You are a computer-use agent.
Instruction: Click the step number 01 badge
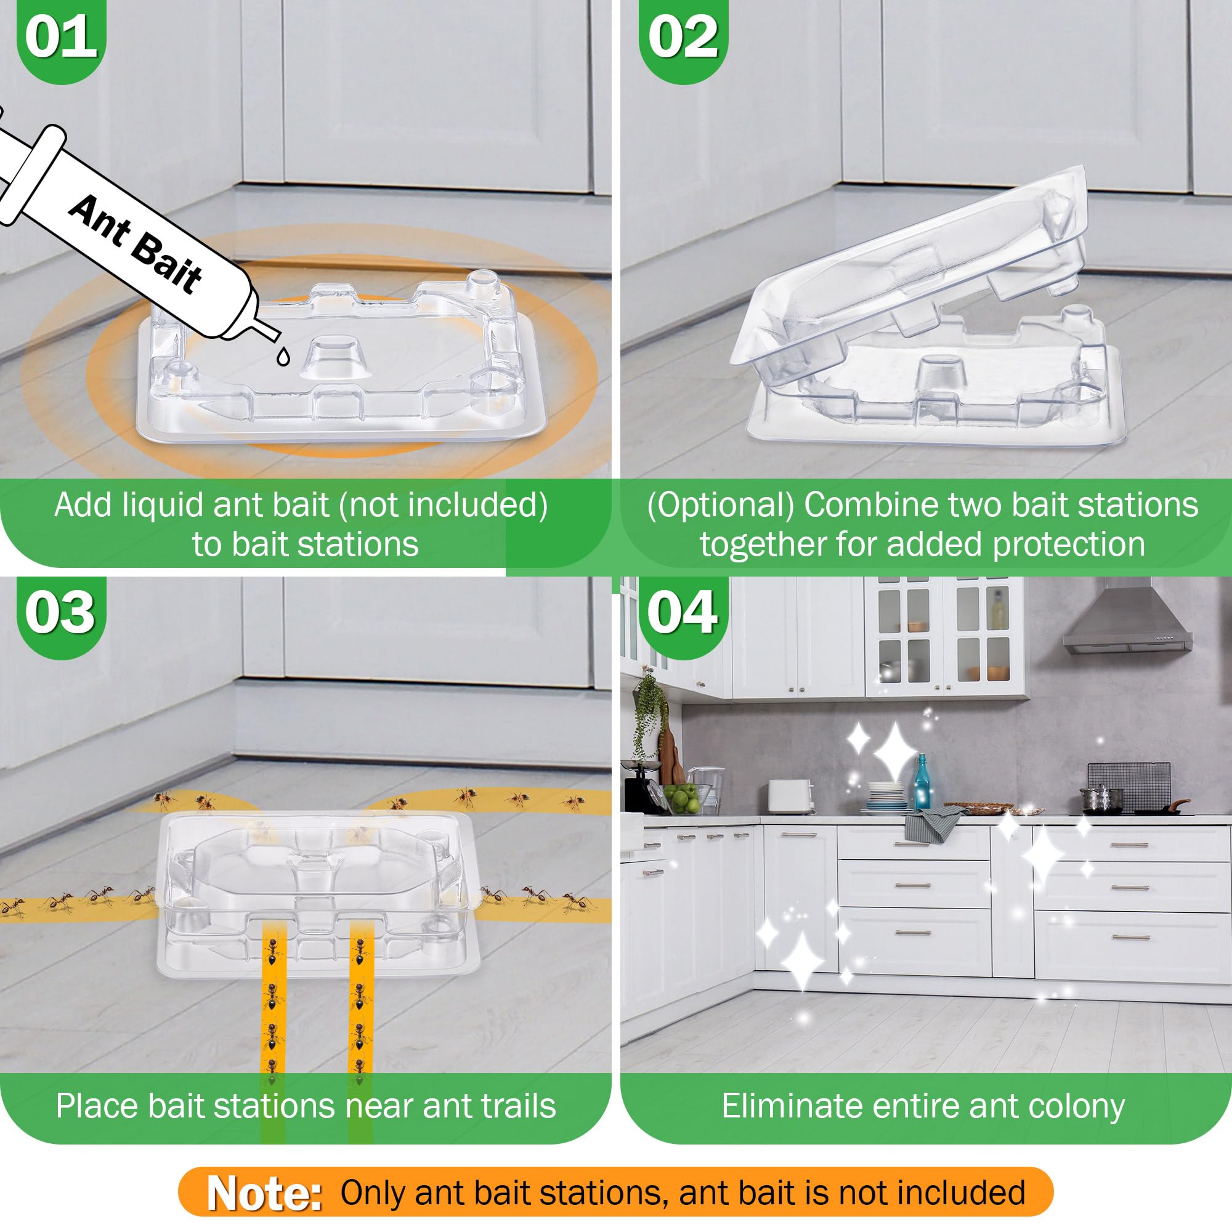[61, 39]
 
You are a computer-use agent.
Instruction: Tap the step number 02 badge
[684, 39]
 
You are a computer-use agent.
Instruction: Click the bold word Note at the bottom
[264, 1193]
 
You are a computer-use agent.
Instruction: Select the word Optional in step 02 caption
[721, 505]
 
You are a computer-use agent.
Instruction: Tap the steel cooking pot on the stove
[1101, 798]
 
